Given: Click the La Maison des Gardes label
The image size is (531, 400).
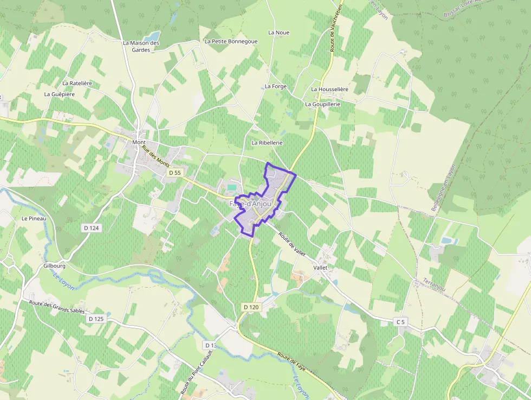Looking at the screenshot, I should coord(141,46).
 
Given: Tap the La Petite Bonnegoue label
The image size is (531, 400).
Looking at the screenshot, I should coord(231,41).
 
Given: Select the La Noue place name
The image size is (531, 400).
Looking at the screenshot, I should coord(279,33).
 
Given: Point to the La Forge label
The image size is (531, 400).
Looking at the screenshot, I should coord(276,86).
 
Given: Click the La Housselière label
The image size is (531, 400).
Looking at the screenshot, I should coord(329,89).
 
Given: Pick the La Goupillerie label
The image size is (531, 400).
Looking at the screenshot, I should coord(322,104).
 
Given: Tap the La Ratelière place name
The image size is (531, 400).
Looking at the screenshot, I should coord(77,83).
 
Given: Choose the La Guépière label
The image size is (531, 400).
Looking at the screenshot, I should coord(60,94).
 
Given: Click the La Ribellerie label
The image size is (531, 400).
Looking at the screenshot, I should coord(267,142).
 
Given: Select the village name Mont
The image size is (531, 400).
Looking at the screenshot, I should coord(139,143).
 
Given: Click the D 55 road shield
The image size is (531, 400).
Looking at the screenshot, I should coord(174,173).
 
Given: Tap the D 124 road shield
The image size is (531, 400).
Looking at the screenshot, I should coord(91,228).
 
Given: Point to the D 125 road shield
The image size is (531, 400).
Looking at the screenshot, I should coord(95,319).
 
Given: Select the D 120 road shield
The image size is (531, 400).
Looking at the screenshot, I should coord(251,307).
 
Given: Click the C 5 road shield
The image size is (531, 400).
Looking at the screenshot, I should coord(400,322).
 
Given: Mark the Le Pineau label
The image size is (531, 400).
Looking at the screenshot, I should coord(34,218).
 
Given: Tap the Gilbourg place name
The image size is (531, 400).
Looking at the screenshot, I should coord(55,266).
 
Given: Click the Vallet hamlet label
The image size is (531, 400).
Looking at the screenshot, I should coord(321,268).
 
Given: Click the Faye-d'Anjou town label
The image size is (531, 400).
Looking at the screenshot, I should coord(250,204).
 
